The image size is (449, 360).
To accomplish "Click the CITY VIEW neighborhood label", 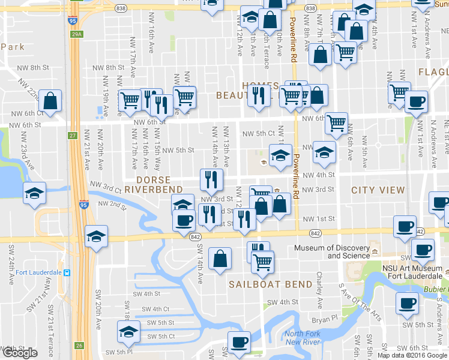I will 378,190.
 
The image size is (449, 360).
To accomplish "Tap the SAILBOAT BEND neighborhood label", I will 270,284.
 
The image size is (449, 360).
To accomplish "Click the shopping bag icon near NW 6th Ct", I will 51,101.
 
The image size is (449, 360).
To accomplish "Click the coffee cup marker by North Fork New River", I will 239,342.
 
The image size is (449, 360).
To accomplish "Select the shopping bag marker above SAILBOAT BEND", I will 220,259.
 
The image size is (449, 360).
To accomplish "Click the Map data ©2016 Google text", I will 412,355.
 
